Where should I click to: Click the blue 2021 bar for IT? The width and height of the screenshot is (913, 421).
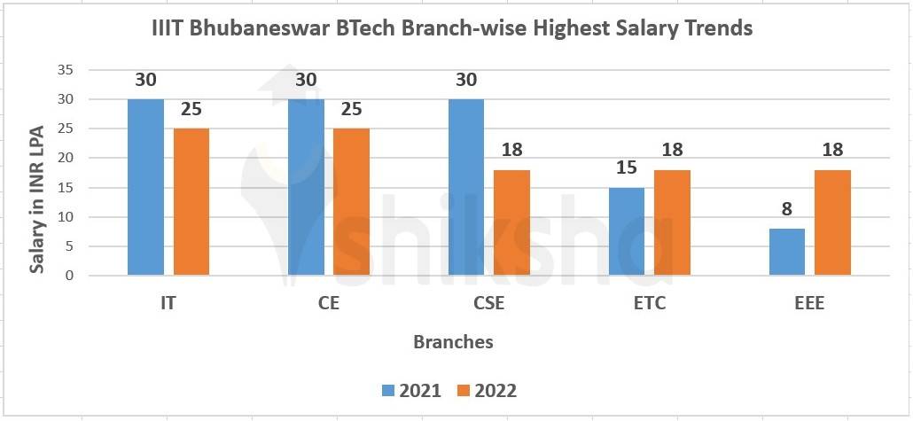click(145, 187)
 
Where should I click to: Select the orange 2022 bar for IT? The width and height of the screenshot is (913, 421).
click(191, 202)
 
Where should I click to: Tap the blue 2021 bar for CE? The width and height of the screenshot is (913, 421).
click(306, 187)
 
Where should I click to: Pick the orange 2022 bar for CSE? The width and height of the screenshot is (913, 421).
click(511, 222)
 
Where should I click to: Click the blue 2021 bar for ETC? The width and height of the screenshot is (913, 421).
click(626, 231)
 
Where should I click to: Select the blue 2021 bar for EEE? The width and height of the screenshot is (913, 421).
click(786, 252)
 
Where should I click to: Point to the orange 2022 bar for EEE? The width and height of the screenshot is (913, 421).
click(832, 222)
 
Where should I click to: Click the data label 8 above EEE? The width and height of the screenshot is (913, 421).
click(786, 209)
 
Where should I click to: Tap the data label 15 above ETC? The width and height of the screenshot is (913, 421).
click(626, 168)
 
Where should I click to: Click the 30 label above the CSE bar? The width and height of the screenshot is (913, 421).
click(466, 80)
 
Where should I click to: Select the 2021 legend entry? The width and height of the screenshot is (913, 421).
click(413, 391)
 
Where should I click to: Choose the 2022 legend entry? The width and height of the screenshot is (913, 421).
click(487, 391)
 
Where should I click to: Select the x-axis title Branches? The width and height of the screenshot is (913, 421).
click(453, 341)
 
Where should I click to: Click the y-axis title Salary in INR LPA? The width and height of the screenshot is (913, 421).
click(37, 173)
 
